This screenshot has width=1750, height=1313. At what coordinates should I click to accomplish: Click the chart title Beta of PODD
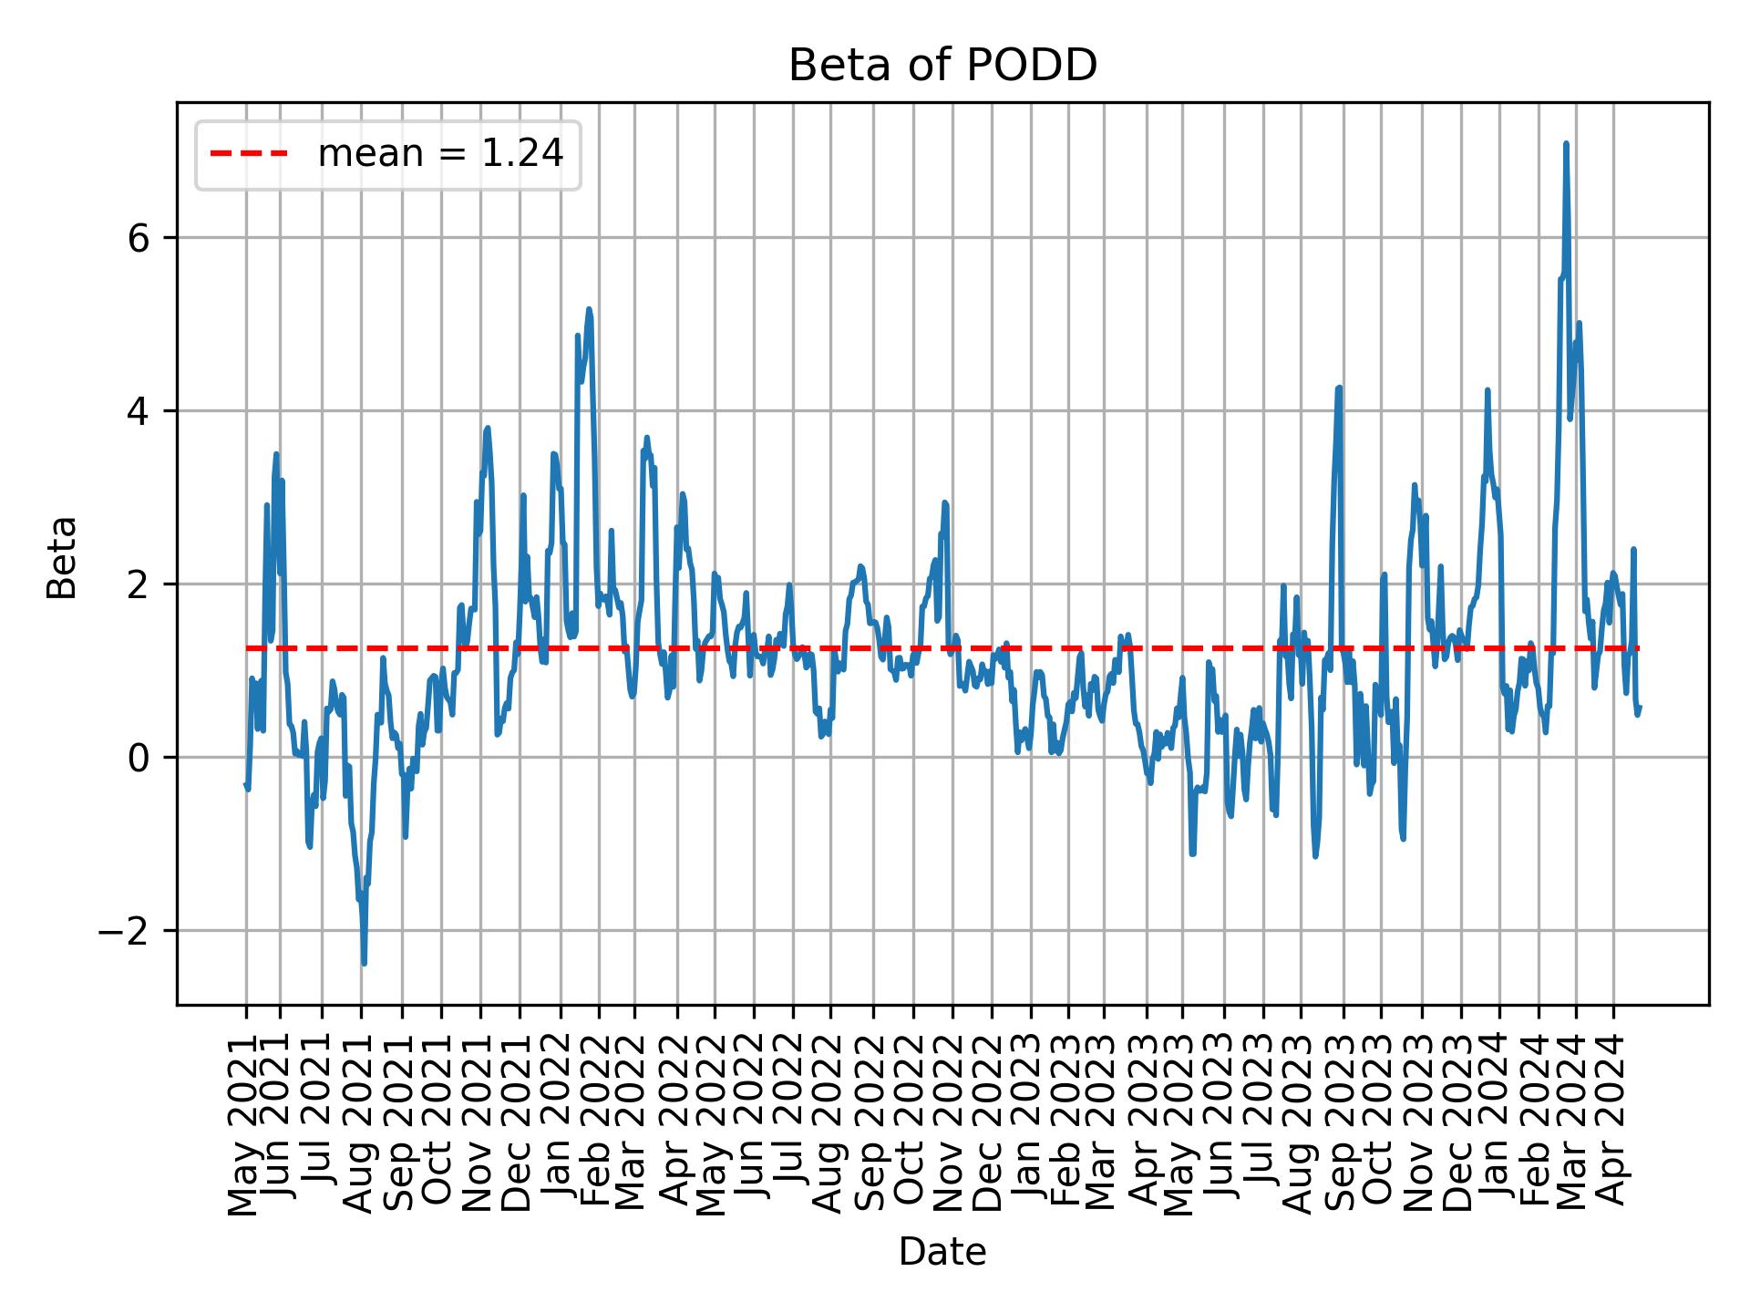(x=942, y=66)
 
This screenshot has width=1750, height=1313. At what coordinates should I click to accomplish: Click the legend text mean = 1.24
(x=440, y=154)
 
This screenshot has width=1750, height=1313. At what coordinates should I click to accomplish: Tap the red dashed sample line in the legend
(x=249, y=154)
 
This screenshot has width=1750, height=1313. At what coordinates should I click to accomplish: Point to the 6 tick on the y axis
(x=139, y=238)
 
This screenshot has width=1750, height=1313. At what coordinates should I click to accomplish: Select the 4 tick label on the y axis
(x=139, y=411)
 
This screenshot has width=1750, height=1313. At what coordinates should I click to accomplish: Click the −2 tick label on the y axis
(x=129, y=931)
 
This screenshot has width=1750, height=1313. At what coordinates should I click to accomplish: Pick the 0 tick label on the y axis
(x=139, y=758)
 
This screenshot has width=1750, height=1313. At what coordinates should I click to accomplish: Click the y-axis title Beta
(x=62, y=557)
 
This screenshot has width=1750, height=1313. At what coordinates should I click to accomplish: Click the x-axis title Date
(x=942, y=1252)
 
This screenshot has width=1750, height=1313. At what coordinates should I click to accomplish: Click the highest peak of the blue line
(x=1566, y=143)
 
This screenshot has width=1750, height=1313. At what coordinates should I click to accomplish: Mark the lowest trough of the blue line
(x=364, y=963)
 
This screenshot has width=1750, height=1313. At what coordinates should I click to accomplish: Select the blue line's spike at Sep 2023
(x=1339, y=388)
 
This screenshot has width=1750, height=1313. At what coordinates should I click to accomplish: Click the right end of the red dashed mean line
(x=1638, y=648)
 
